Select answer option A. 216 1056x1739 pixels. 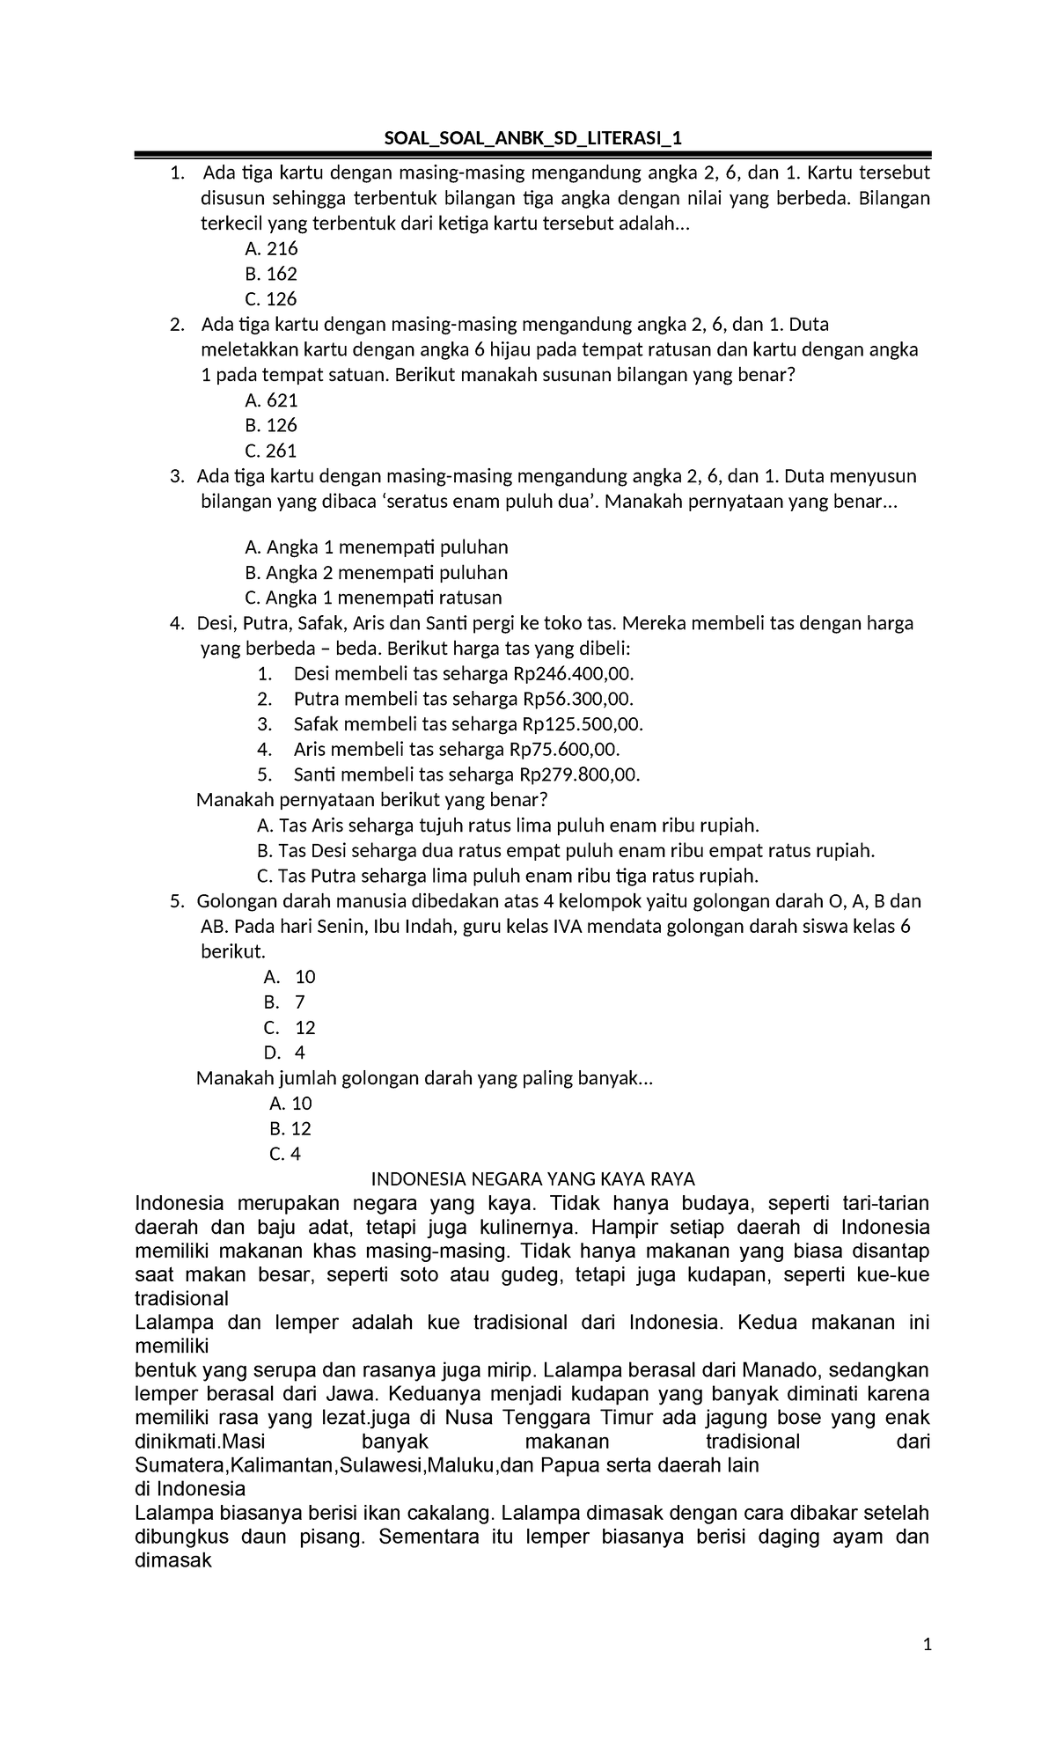[x=271, y=248]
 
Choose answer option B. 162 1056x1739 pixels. [x=271, y=273]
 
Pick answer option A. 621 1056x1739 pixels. [x=271, y=400]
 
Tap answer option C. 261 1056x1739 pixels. [x=271, y=451]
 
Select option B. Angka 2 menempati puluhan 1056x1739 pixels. [x=376, y=572]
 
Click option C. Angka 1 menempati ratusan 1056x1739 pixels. [x=373, y=598]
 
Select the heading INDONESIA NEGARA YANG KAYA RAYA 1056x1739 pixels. [x=533, y=1178]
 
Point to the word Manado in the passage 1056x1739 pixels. [x=774, y=1370]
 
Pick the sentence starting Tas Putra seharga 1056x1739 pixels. [x=507, y=876]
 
